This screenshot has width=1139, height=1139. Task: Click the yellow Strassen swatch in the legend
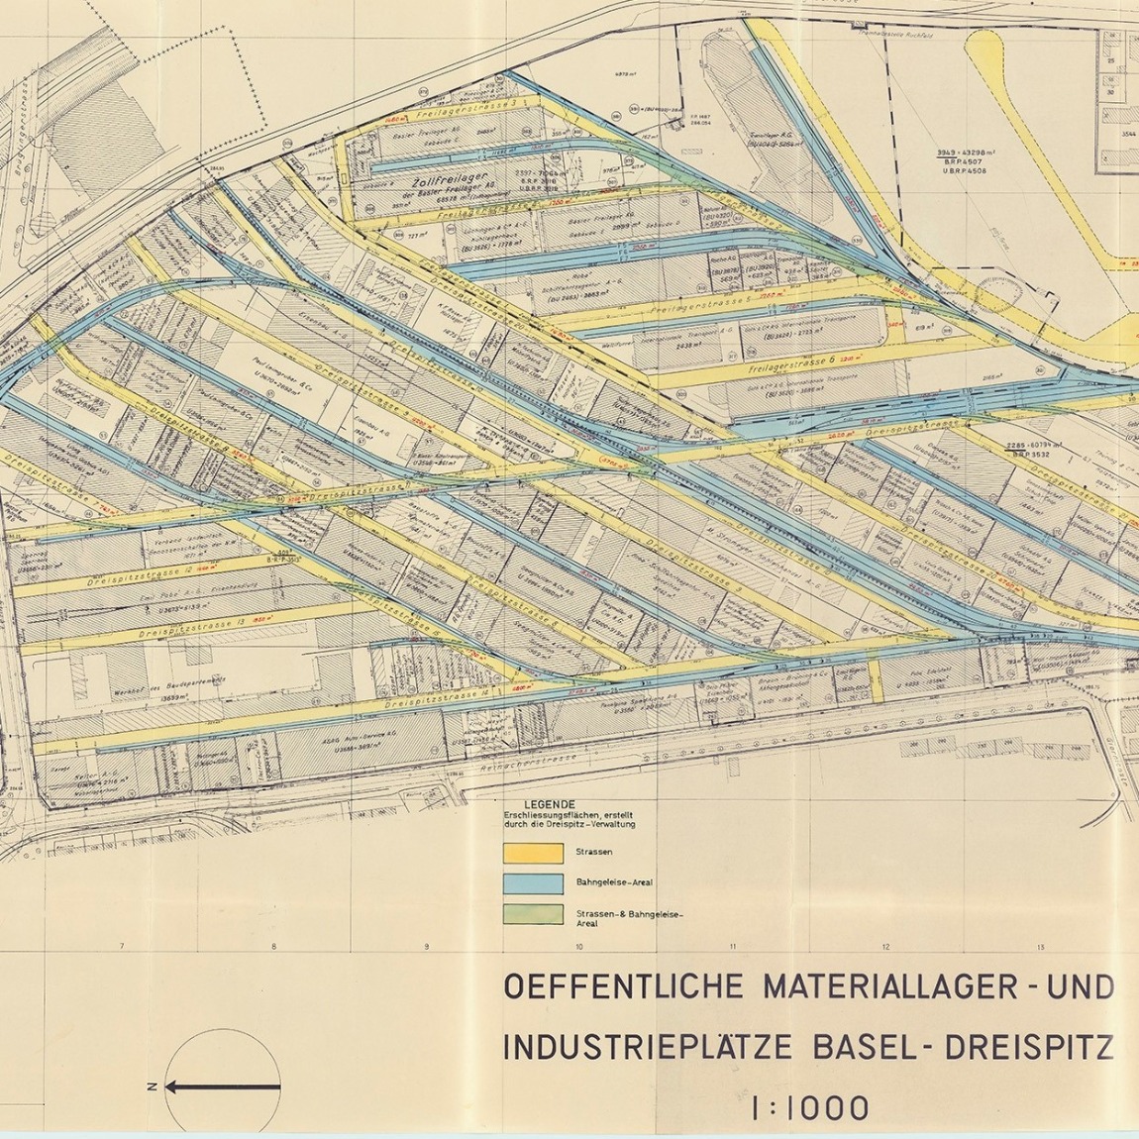(533, 852)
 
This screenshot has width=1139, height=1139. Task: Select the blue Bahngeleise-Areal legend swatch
(533, 881)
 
